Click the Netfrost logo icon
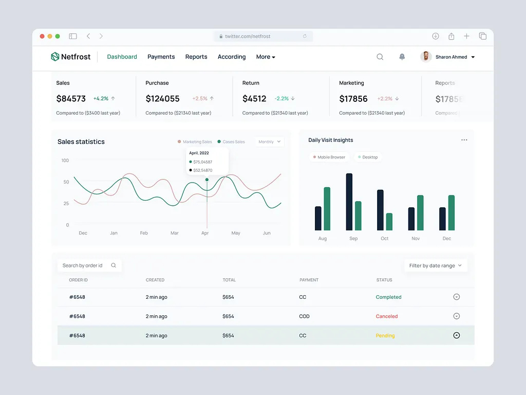pyautogui.click(x=55, y=57)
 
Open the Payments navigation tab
pyautogui.click(x=161, y=57)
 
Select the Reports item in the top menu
pyautogui.click(x=196, y=57)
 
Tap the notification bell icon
pyautogui.click(x=402, y=57)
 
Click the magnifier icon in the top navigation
pyautogui.click(x=380, y=57)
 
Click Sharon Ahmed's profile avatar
pyautogui.click(x=425, y=57)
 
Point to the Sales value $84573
pyautogui.click(x=71, y=99)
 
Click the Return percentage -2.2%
pyautogui.click(x=281, y=98)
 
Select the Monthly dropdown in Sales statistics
pyautogui.click(x=270, y=141)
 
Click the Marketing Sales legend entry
pyautogui.click(x=195, y=141)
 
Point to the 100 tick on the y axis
pyautogui.click(x=65, y=160)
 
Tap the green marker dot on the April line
pyautogui.click(x=207, y=180)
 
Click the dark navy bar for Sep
pyautogui.click(x=349, y=202)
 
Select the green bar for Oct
pyautogui.click(x=389, y=222)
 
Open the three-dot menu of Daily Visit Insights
pyautogui.click(x=464, y=140)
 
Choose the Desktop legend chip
pyautogui.click(x=368, y=157)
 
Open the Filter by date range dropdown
pyautogui.click(x=436, y=265)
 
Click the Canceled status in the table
pyautogui.click(x=387, y=316)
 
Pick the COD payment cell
pyautogui.click(x=305, y=316)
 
